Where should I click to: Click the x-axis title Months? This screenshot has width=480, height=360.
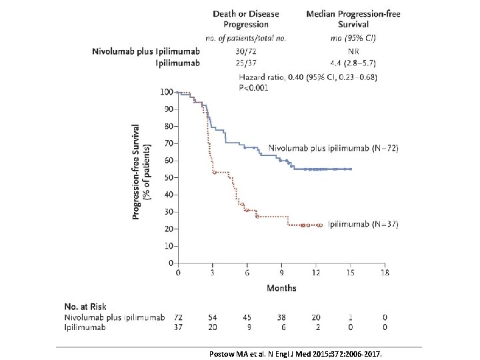click(281, 288)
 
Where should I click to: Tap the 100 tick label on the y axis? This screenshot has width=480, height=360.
click(166, 91)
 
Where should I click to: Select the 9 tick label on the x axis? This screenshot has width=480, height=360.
click(281, 273)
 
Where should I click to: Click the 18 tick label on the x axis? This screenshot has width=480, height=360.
click(385, 273)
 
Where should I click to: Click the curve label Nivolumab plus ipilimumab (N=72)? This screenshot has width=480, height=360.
click(333, 147)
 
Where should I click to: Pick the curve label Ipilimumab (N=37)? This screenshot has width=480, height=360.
click(363, 225)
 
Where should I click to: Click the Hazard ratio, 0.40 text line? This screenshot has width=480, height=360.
click(308, 77)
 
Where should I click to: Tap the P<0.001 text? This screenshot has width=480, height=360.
click(254, 88)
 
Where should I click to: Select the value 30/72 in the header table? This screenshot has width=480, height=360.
click(246, 51)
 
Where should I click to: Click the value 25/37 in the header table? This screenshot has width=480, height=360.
click(246, 63)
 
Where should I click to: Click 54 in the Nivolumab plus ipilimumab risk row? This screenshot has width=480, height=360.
click(212, 317)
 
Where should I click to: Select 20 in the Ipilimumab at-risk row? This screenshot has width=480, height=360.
click(212, 327)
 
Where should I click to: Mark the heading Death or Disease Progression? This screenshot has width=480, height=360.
click(246, 19)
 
